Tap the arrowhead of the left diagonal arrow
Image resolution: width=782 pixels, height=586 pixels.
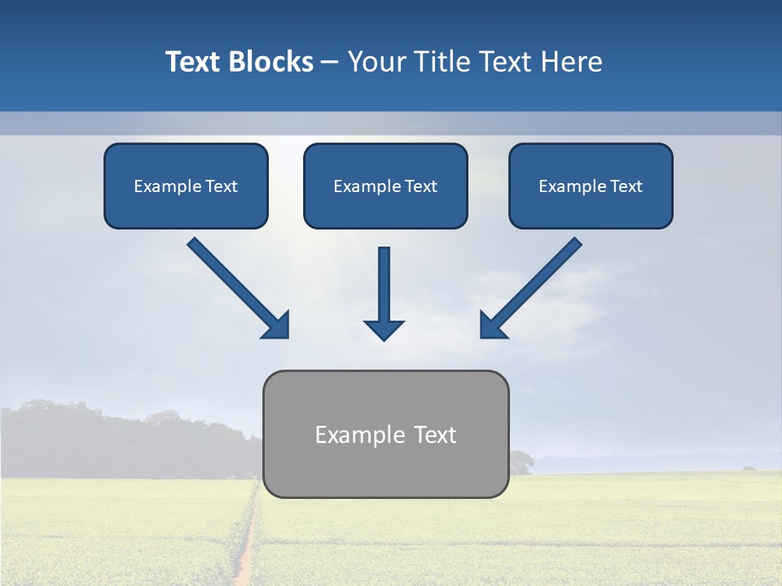point(278,326)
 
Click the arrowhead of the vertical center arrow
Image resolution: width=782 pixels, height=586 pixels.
point(384,330)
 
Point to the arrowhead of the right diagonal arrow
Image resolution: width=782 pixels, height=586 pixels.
point(492,326)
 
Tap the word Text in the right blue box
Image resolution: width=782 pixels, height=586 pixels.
point(626,186)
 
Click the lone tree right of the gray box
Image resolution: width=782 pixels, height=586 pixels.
point(520,462)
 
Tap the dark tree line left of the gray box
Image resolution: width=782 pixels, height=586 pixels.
point(122,439)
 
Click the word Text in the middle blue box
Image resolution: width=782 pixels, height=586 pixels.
point(420,186)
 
